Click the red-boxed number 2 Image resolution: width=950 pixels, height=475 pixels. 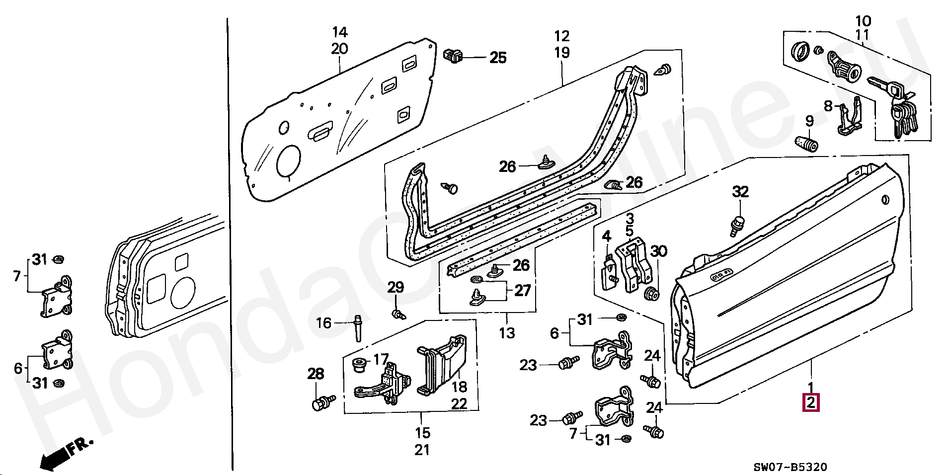click(810, 403)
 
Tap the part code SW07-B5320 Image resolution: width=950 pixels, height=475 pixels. click(790, 467)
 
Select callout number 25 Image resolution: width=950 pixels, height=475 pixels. click(498, 58)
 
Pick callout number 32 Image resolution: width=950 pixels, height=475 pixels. click(740, 192)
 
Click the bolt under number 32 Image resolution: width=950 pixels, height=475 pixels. click(737, 225)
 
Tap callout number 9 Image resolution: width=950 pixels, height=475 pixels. click(809, 121)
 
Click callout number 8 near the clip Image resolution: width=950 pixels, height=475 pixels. click(828, 106)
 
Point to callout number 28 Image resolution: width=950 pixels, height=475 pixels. click(316, 374)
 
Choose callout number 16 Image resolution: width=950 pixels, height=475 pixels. click(323, 323)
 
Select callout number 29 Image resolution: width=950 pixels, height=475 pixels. click(396, 287)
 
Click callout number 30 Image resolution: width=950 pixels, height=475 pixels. click(659, 251)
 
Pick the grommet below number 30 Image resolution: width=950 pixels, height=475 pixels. click(651, 293)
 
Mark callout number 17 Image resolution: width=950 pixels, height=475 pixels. click(381, 359)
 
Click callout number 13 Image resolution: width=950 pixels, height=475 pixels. click(507, 333)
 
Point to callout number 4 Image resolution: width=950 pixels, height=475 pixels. click(606, 237)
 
